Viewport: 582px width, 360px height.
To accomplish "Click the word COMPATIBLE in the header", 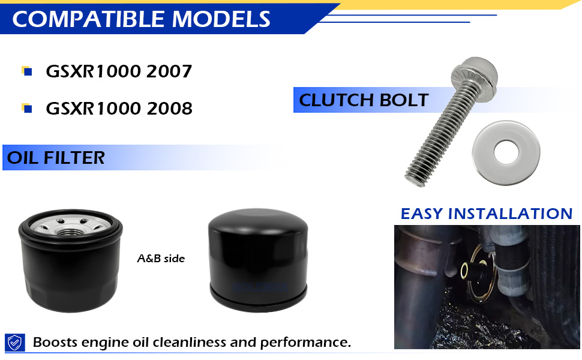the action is (x=88, y=19).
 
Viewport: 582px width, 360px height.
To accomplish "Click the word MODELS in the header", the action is (x=221, y=19).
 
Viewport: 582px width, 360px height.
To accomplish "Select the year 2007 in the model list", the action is (x=169, y=71).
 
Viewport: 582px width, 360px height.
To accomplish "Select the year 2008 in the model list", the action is (x=169, y=109).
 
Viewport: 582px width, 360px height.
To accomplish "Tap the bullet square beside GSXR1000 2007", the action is (x=27, y=71).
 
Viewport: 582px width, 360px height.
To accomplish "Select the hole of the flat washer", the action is (x=506, y=152).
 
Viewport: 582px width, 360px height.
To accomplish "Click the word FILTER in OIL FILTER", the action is (x=74, y=158).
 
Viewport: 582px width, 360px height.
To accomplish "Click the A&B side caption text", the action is (x=161, y=259).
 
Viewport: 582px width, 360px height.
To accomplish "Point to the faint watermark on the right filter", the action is (x=260, y=287).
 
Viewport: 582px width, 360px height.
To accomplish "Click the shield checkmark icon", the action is (x=15, y=342).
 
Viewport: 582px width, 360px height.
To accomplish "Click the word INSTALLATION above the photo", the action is (x=511, y=214).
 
